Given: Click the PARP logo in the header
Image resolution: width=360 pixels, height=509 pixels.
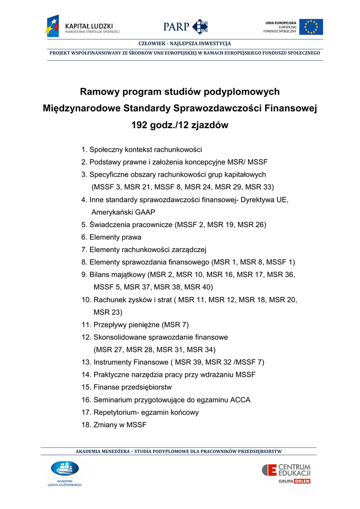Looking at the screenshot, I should [x=185, y=26].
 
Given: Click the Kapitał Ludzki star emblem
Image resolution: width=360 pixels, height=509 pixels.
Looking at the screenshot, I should [x=52, y=26].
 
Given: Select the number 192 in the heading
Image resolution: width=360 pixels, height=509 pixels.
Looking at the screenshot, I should [x=139, y=125].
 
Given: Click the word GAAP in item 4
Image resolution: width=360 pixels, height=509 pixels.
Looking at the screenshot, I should [x=144, y=212].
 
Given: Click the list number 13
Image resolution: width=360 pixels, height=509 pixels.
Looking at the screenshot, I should [x=86, y=362].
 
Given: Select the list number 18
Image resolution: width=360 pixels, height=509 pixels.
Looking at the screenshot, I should [x=86, y=425].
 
